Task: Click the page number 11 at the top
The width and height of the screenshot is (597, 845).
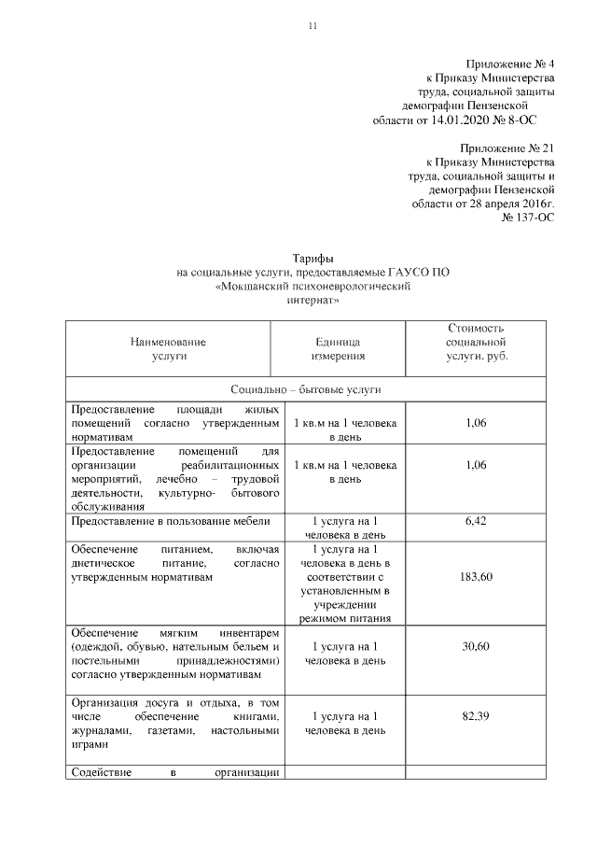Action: pos(313,25)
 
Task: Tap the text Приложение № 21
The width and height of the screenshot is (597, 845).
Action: pos(507,148)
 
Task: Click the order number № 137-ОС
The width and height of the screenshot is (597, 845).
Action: pos(528,218)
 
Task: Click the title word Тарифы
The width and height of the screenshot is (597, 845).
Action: pos(312,258)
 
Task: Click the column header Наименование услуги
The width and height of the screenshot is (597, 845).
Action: pos(168,349)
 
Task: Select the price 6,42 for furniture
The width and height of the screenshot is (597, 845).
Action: pos(477,520)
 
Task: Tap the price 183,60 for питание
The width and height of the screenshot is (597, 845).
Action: pos(477,578)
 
